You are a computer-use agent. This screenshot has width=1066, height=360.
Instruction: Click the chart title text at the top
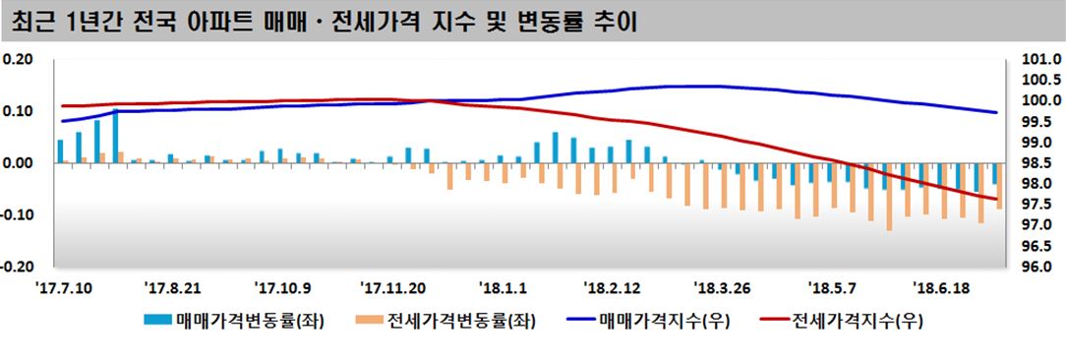point(326,21)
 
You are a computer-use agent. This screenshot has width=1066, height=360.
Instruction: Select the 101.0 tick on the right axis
point(1040,60)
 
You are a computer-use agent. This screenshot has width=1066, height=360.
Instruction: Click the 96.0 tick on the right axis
point(1040,267)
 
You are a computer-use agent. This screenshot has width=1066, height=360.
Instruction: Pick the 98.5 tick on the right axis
point(1040,163)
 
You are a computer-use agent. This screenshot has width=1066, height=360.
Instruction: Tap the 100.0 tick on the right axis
point(1040,101)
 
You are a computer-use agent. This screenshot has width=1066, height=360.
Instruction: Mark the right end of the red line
point(997,199)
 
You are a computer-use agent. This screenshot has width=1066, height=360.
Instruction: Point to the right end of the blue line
point(997,112)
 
